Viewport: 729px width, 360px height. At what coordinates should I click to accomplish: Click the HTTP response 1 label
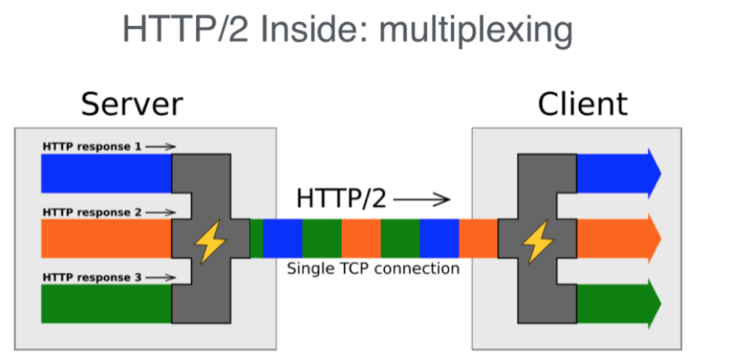coord(92,147)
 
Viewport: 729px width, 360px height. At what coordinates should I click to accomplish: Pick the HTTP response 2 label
coord(92,213)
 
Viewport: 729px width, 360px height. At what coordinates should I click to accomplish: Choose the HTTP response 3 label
coord(92,277)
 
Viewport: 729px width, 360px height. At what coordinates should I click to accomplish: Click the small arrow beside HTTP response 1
coord(160,147)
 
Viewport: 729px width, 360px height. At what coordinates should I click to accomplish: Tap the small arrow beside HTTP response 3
coord(160,277)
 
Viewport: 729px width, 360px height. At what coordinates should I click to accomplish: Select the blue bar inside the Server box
coord(106,173)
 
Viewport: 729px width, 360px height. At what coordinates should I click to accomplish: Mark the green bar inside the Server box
coord(106,303)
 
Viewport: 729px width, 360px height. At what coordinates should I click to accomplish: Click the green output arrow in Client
coord(617,303)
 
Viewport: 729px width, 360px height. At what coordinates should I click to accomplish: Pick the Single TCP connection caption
coord(374,269)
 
